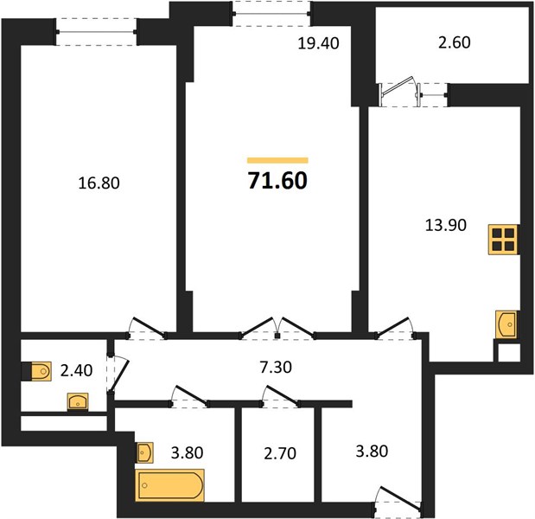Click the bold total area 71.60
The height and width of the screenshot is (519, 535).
(x=277, y=180)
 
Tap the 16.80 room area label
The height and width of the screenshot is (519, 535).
(x=99, y=183)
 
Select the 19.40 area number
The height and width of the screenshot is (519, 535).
(x=318, y=43)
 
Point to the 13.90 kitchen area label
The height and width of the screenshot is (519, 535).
(x=446, y=226)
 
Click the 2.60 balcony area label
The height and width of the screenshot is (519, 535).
(x=454, y=42)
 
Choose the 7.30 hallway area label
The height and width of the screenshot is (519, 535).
(x=276, y=368)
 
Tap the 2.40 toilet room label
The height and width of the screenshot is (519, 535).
(x=76, y=370)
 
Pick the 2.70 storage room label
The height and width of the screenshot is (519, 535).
(x=280, y=453)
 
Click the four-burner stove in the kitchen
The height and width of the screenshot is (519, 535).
(x=503, y=240)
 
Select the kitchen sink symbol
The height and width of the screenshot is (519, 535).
(x=506, y=324)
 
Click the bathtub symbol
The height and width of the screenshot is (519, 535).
(x=170, y=485)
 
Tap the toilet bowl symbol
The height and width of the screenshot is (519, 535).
(x=41, y=371)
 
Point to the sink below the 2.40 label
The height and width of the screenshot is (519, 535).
(x=78, y=401)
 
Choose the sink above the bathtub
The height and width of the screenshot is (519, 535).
(x=144, y=452)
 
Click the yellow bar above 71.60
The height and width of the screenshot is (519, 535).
(x=277, y=161)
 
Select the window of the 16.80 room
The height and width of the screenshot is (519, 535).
(x=97, y=32)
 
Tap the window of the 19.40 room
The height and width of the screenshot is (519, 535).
(x=272, y=14)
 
